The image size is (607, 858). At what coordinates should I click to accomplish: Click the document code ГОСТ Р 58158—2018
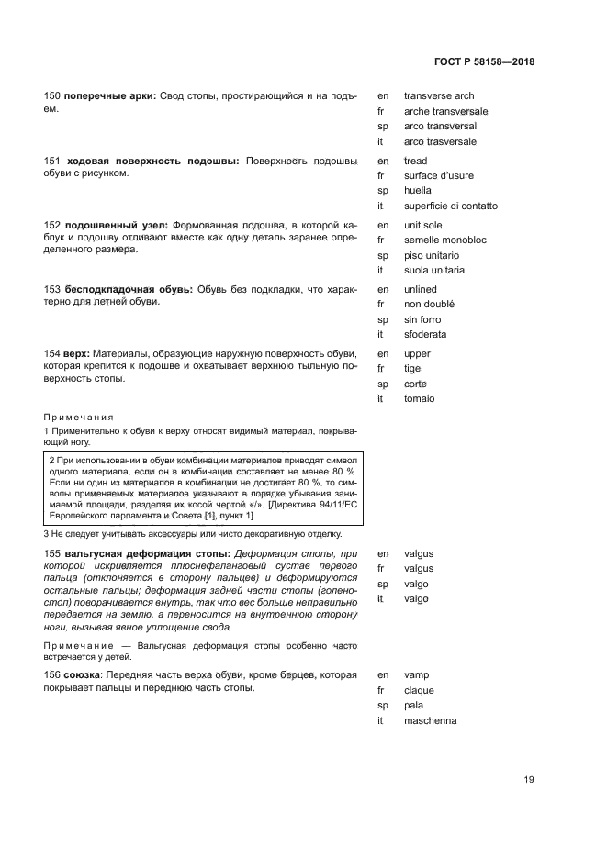484,62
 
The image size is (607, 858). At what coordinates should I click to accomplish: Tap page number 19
529,780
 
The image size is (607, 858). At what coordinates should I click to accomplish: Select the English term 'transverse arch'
439,95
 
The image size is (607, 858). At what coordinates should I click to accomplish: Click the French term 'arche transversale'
445,111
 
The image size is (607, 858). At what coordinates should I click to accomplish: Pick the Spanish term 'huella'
418,191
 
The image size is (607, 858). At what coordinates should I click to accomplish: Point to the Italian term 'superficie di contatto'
451,206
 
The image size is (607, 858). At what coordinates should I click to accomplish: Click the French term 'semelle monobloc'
444,240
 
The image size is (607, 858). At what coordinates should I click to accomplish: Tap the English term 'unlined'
422,289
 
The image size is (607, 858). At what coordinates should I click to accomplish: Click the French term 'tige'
412,369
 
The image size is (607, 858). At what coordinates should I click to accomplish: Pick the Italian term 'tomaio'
419,399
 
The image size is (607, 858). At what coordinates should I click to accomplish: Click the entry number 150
52,95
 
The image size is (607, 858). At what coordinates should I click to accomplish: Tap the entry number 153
52,289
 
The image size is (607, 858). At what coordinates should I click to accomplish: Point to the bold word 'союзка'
84,674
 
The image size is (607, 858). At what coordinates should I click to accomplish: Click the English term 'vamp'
417,675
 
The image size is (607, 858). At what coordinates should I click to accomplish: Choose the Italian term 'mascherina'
430,721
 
